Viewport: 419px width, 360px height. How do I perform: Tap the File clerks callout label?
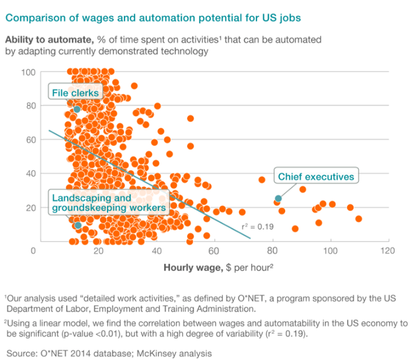pyautogui.click(x=76, y=93)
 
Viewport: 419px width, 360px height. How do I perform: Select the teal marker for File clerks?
pyautogui.click(x=77, y=110)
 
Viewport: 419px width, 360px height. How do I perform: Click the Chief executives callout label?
pyautogui.click(x=315, y=177)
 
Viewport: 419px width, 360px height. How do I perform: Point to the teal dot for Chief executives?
pyautogui.click(x=278, y=198)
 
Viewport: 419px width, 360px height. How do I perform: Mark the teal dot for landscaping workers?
pyautogui.click(x=78, y=225)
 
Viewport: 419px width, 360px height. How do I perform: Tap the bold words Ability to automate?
pyautogui.click(x=47, y=39)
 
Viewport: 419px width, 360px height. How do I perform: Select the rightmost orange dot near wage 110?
pyautogui.click(x=358, y=219)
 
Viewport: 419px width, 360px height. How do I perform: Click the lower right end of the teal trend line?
pyautogui.click(x=250, y=239)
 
